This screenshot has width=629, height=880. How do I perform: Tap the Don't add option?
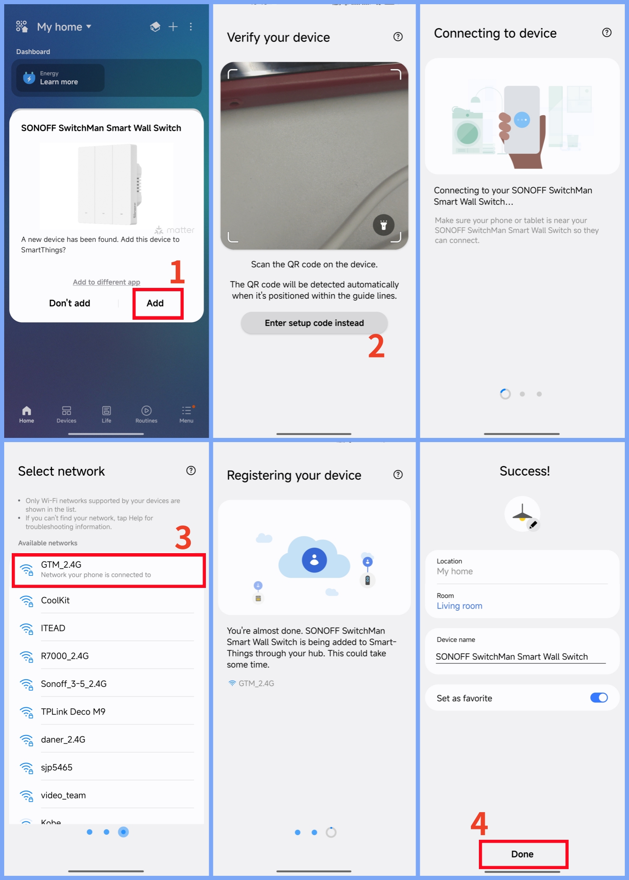[x=70, y=303]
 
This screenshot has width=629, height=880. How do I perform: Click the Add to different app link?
[x=107, y=282]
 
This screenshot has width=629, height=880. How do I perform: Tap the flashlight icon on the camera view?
[x=383, y=225]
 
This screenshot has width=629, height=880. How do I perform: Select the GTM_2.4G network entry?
[x=108, y=569]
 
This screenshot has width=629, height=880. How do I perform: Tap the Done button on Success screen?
[x=522, y=854]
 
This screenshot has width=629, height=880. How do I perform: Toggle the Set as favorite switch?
[x=598, y=698]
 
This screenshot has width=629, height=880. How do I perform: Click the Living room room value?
[x=460, y=606]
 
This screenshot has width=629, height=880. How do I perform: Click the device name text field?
[x=520, y=657]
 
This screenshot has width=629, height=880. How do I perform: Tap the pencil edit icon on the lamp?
[x=533, y=525]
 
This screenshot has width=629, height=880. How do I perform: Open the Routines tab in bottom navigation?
[x=146, y=414]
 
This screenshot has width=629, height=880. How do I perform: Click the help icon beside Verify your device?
[x=398, y=37]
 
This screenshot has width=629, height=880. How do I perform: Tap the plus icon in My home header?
[x=173, y=27]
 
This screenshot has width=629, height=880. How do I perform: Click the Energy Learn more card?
[x=60, y=78]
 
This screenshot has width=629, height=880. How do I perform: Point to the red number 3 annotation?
[x=183, y=538]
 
